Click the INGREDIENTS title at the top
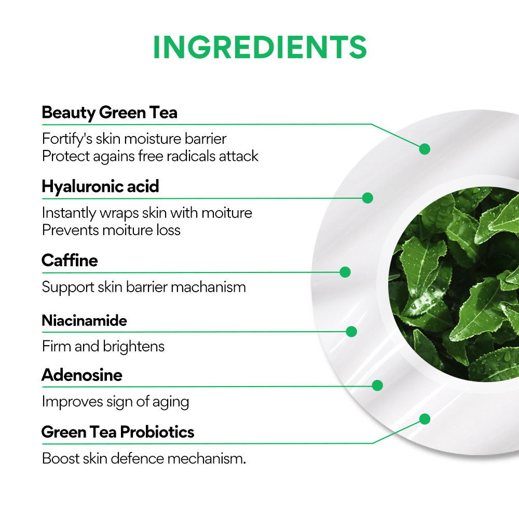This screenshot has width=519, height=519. [259, 48]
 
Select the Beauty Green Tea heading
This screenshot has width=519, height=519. [110, 113]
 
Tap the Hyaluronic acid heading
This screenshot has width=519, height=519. [100, 186]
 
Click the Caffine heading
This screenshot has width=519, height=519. [70, 260]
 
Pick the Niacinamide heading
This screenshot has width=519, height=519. [84, 320]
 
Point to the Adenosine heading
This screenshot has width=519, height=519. [82, 375]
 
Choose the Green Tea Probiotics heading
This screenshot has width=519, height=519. [118, 432]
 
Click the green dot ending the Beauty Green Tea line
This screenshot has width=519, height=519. [425, 149]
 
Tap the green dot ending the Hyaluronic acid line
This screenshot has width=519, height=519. [367, 198]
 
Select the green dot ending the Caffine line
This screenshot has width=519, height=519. [345, 272]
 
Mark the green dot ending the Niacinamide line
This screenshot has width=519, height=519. [351, 332]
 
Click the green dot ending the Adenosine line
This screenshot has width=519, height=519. [377, 386]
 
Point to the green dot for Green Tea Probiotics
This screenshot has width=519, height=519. [425, 419]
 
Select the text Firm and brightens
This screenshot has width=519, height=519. [103, 347]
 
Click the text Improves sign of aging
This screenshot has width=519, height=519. [115, 402]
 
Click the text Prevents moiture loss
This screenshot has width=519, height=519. [111, 230]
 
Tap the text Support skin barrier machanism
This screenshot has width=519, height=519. [144, 287]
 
